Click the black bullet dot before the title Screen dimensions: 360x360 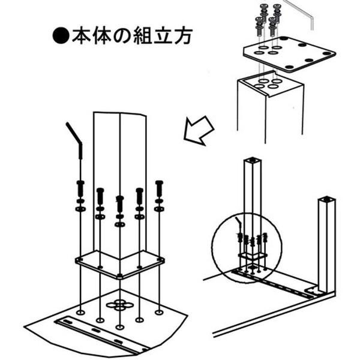(x=61, y=36)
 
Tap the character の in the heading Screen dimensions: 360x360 (x=122, y=36)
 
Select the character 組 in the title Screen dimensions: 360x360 (x=142, y=36)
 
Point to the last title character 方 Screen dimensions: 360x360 (x=183, y=36)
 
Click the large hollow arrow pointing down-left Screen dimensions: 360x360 (x=199, y=130)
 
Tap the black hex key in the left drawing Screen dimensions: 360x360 (x=76, y=140)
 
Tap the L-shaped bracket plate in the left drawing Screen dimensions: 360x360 (x=119, y=265)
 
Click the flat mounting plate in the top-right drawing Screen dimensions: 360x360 (x=290, y=54)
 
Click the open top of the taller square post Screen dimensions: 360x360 (x=253, y=160)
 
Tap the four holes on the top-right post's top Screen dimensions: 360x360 (x=266, y=84)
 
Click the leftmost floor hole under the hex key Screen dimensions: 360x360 (x=80, y=312)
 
